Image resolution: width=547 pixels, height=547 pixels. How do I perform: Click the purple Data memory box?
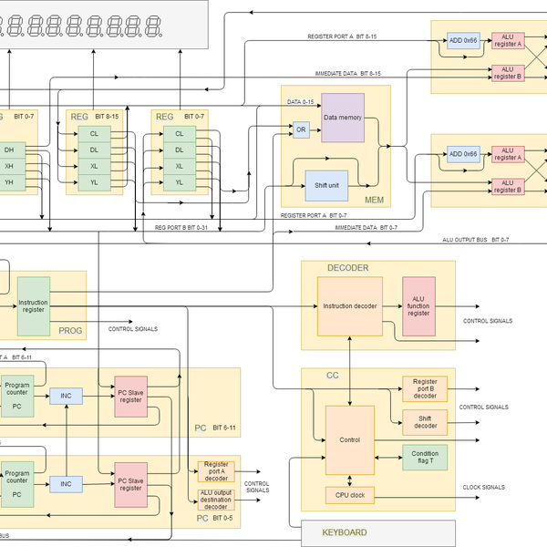point(343,117)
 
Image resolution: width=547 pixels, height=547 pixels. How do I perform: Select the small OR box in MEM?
point(301,130)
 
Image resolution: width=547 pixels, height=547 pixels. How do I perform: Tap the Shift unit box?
point(326,185)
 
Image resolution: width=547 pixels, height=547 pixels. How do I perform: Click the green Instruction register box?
point(34,305)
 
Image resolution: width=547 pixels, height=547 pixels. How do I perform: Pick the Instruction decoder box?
point(351,306)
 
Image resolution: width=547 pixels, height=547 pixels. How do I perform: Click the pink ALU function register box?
point(418,307)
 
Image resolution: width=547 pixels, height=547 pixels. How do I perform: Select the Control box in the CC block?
point(349,439)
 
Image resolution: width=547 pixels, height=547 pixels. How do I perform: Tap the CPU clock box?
point(349,496)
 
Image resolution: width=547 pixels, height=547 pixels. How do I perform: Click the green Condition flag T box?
point(425,457)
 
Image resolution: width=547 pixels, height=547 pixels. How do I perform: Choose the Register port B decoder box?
point(425,388)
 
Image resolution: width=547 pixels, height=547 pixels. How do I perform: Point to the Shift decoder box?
point(425,419)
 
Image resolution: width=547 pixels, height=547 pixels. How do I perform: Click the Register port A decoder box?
point(216,471)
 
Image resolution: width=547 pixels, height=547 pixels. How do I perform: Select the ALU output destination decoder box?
point(216,500)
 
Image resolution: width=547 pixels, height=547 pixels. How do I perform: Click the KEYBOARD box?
point(345,532)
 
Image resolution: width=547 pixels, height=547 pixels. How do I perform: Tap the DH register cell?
point(9,150)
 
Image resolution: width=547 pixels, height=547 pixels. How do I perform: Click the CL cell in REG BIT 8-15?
point(93,134)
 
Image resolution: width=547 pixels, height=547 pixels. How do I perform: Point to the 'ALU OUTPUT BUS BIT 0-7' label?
point(475,239)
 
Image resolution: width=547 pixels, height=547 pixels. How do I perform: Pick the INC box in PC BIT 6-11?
point(66,396)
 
